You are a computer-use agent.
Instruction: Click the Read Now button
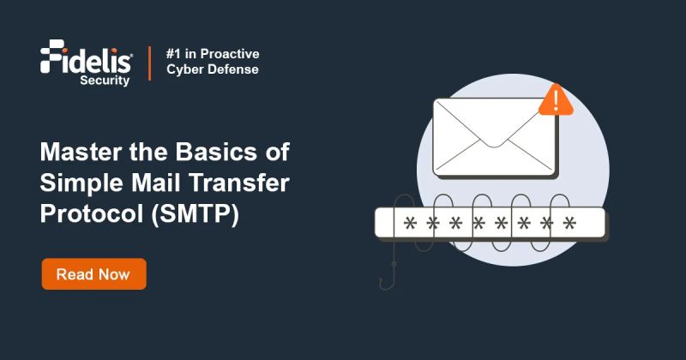tap(93, 274)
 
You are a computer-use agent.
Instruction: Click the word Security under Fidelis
tap(106, 81)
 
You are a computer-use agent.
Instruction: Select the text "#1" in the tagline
tap(174, 54)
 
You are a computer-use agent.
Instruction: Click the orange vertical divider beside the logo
tap(149, 63)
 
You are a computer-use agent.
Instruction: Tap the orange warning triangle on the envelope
tap(556, 101)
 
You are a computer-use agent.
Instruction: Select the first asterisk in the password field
tap(410, 225)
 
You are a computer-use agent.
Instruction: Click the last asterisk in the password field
tap(569, 225)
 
